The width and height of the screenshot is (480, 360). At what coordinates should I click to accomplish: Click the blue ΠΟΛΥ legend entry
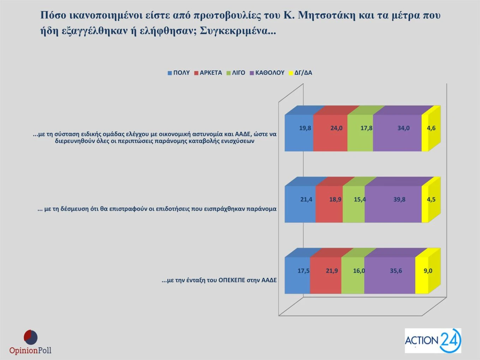pos(179,73)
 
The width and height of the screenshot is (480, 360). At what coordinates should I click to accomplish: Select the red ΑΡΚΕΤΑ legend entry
pos(208,73)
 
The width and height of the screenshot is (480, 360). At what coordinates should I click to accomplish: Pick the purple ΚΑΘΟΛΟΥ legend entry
pos(267,73)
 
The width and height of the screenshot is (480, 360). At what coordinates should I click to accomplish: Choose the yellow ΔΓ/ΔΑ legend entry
pos(300,73)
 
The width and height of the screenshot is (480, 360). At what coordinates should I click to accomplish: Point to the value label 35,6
pos(396,271)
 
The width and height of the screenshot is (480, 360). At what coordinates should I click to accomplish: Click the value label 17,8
pos(366,128)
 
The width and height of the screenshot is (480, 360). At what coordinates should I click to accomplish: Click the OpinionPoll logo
pos(30,342)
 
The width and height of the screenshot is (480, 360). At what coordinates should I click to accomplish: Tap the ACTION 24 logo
pos(433,341)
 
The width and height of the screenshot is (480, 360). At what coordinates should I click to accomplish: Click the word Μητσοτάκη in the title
pos(326,15)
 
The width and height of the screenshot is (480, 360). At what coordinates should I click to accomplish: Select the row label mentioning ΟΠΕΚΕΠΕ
pos(219,280)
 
